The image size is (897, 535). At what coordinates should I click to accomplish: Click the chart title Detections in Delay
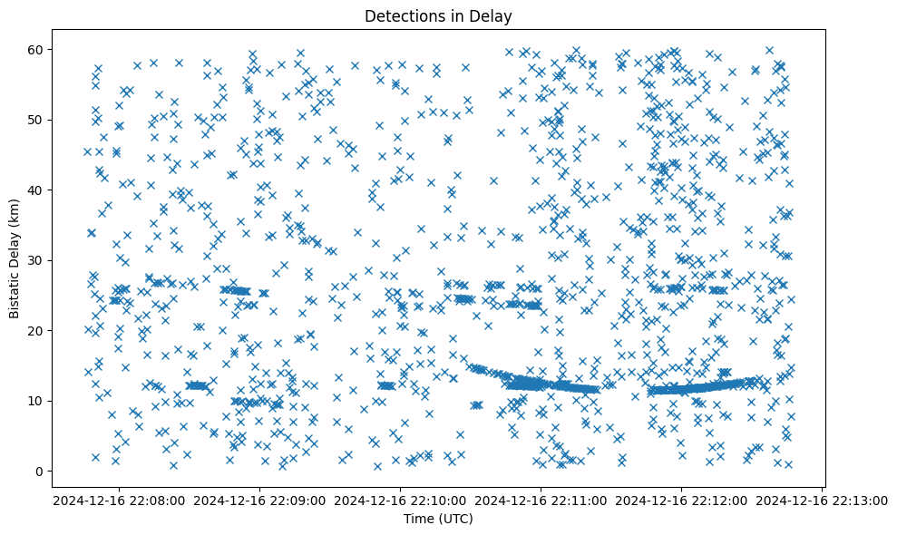[x=438, y=15]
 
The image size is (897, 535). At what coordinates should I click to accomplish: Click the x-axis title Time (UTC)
[x=438, y=520]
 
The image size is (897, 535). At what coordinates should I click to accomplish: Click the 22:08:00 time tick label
[x=120, y=500]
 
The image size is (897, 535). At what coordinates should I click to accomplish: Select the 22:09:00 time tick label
[x=260, y=500]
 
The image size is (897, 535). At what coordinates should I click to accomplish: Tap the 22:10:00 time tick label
[x=401, y=500]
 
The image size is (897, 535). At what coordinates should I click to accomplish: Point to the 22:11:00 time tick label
[x=541, y=500]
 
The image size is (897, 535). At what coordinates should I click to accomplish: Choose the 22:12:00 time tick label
[x=682, y=500]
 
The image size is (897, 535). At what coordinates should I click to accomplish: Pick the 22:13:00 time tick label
[x=823, y=500]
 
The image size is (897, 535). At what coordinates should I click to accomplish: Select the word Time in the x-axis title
[x=418, y=520]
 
